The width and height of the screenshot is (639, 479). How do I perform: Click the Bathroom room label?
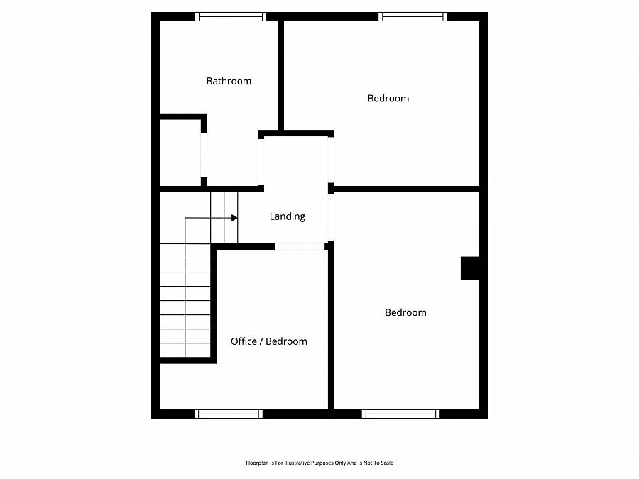pos(229,81)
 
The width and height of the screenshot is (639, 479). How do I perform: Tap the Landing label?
pos(288,216)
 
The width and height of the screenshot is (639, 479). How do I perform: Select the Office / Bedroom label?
pos(269,341)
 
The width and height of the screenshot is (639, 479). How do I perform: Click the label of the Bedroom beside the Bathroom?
pos(388,98)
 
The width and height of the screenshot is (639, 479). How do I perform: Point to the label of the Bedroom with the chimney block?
pos(405,312)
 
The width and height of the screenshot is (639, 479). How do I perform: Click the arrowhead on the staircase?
pos(234,218)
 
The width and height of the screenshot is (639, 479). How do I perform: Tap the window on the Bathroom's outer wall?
pos(230,16)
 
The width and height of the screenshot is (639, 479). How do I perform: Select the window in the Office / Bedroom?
pos(228,414)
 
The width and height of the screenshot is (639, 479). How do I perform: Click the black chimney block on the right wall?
pos(470,268)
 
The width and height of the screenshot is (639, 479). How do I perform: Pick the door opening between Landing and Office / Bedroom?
pos(300,247)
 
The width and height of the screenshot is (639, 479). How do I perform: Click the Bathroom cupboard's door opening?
pos(204,155)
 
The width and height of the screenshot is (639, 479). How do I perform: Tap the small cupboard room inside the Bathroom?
pos(180,153)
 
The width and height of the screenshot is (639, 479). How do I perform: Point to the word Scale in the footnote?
pos(387,463)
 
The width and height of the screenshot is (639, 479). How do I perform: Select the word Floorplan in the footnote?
pos(255,463)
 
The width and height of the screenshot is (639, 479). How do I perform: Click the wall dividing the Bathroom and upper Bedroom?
pos(280,75)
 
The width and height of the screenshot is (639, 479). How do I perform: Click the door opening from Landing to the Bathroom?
pos(261,162)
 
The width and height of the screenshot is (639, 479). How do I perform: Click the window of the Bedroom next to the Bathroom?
pos(413,16)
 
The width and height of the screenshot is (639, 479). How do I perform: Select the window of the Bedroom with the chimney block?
pos(400,414)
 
